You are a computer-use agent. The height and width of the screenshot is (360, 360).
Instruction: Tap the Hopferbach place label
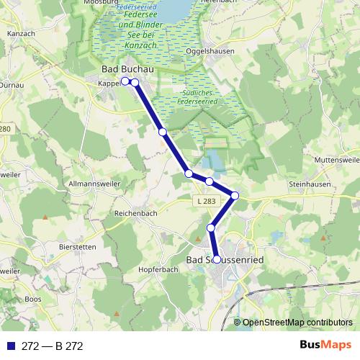point(151,269)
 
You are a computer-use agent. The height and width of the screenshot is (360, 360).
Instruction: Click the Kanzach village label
point(21,34)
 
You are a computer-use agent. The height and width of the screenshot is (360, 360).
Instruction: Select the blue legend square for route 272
point(10,346)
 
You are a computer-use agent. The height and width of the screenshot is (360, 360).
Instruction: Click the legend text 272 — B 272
point(53,346)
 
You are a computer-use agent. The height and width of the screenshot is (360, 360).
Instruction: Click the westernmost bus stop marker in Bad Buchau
point(125,81)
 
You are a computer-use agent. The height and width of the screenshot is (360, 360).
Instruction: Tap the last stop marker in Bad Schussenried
point(216,258)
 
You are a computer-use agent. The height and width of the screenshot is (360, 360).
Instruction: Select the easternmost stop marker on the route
point(235,196)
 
